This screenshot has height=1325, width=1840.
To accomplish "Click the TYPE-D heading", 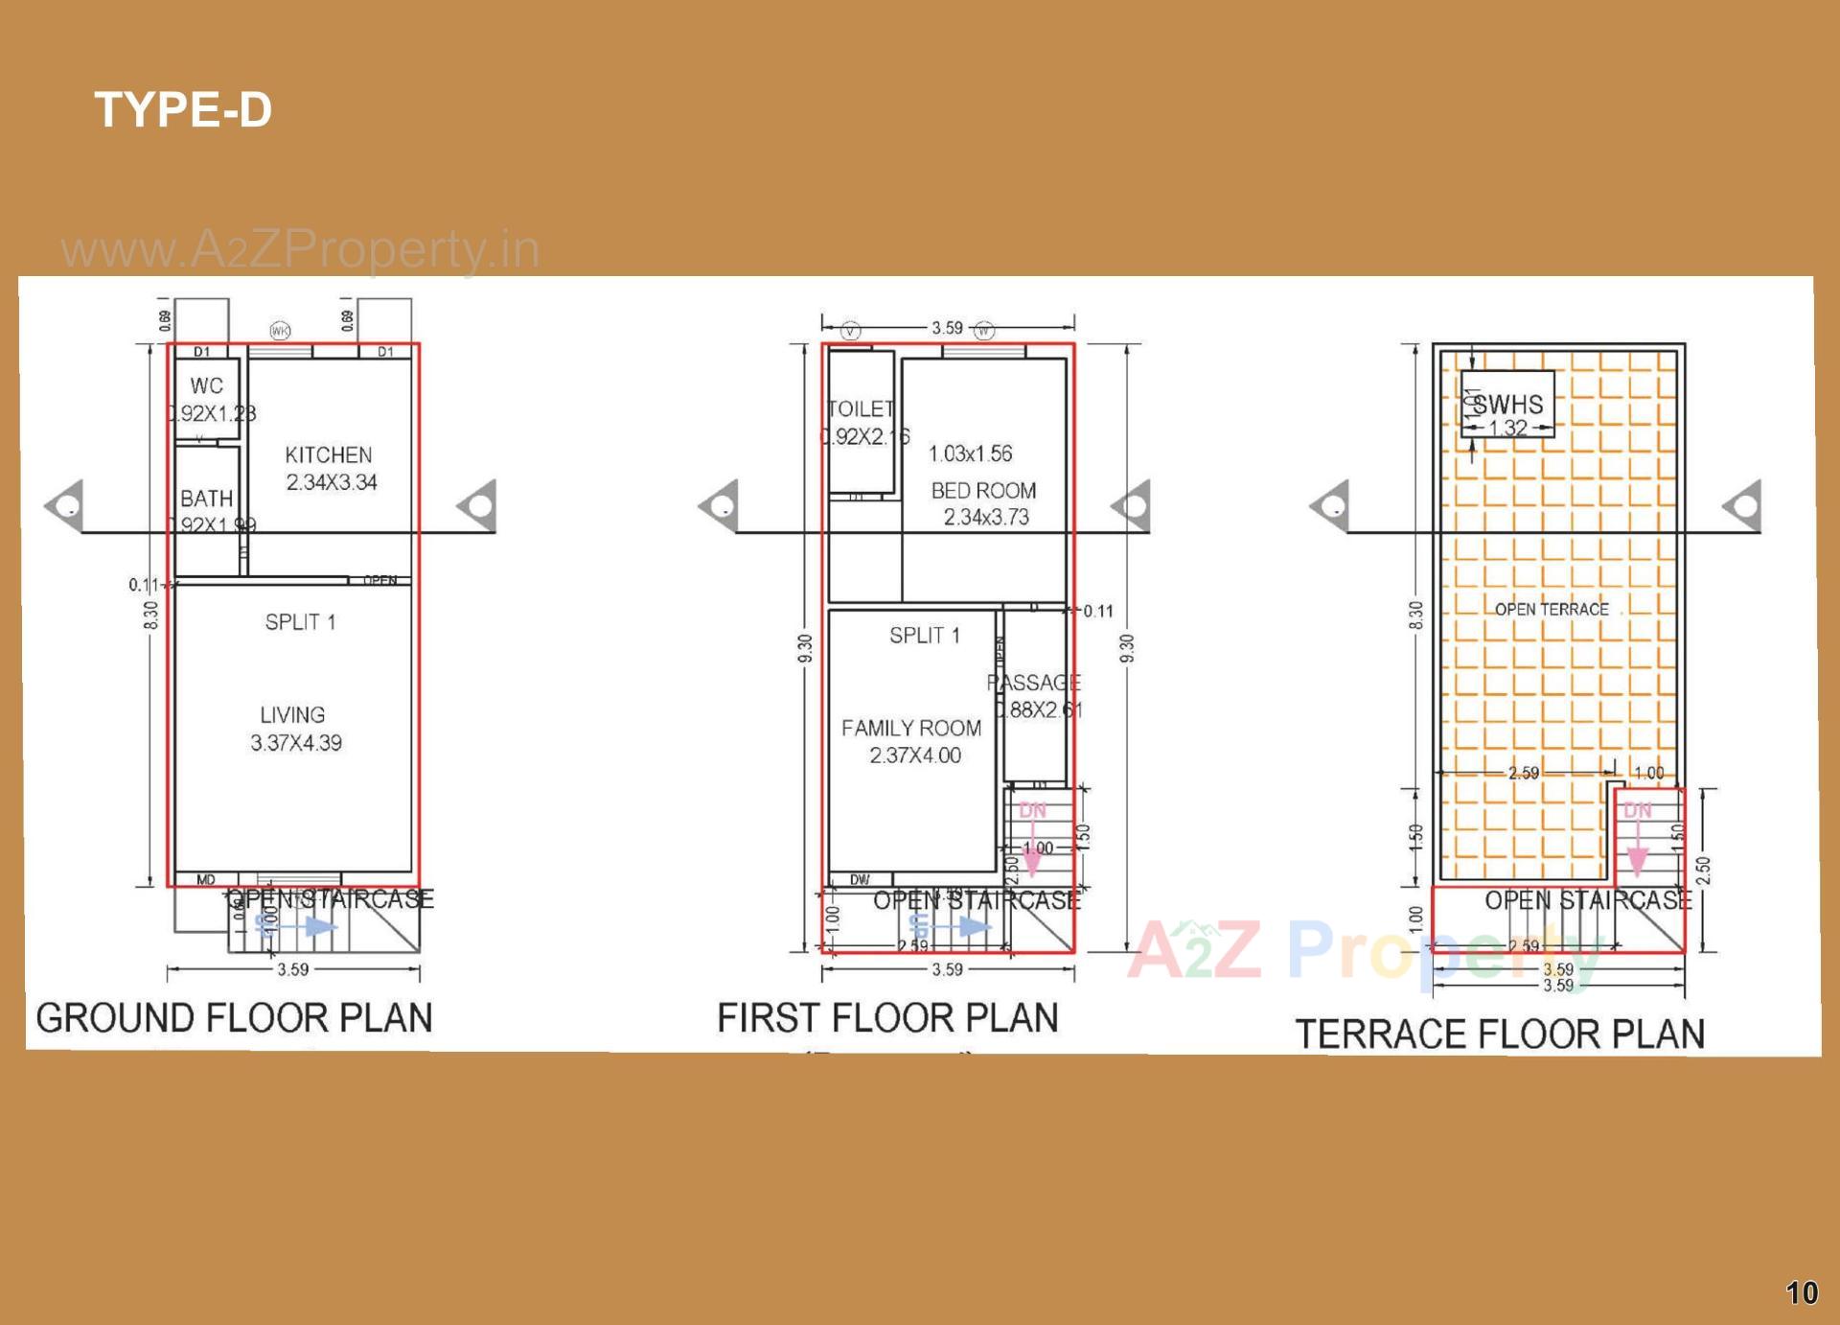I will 183,109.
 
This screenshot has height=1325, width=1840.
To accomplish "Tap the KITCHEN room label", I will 329,455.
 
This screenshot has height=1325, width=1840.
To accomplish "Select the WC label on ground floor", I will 206,386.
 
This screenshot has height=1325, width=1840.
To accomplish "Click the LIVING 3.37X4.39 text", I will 294,729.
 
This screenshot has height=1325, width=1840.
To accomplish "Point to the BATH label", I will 206,499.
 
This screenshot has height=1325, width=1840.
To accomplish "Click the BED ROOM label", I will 983,491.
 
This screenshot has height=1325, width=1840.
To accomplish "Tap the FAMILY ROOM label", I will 911,729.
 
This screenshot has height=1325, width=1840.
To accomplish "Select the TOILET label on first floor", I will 861,409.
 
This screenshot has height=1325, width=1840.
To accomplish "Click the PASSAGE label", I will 1034,684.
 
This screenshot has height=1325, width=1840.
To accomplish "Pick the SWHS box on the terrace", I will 1507,405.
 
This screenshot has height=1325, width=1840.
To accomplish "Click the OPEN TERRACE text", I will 1552,610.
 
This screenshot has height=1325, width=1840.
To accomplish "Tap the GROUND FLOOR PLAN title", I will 235,1018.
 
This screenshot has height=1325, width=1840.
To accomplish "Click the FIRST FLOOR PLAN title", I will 887,1018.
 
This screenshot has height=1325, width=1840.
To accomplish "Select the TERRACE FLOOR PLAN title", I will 1500,1034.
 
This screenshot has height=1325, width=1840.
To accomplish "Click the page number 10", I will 1802,1293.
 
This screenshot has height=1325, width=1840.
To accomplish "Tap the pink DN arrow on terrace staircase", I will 1638,848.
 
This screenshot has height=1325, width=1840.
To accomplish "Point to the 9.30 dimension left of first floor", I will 805,648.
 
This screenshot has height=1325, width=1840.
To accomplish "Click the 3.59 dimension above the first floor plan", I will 947,328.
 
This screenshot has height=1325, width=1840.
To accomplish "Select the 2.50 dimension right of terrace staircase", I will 1702,871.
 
